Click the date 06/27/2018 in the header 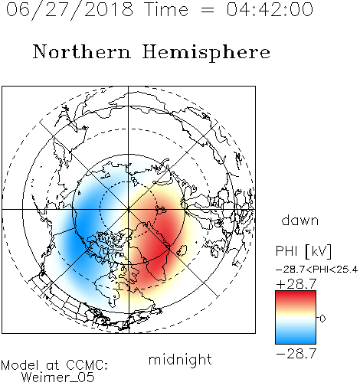click(70, 10)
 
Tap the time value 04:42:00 click(270, 10)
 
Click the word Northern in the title click(82, 51)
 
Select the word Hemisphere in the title click(206, 52)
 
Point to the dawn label click(300, 220)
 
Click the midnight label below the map click(180, 359)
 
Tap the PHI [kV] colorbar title click(303, 251)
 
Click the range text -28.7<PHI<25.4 click(316, 270)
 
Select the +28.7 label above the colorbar click(296, 284)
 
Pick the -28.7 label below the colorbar click(296, 354)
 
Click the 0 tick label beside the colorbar click(322, 319)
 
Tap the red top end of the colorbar click(296, 293)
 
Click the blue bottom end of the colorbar click(296, 341)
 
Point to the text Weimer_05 click(58, 378)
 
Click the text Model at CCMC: click(54, 365)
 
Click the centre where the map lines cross click(129, 210)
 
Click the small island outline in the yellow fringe click(182, 250)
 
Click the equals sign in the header click(207, 10)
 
